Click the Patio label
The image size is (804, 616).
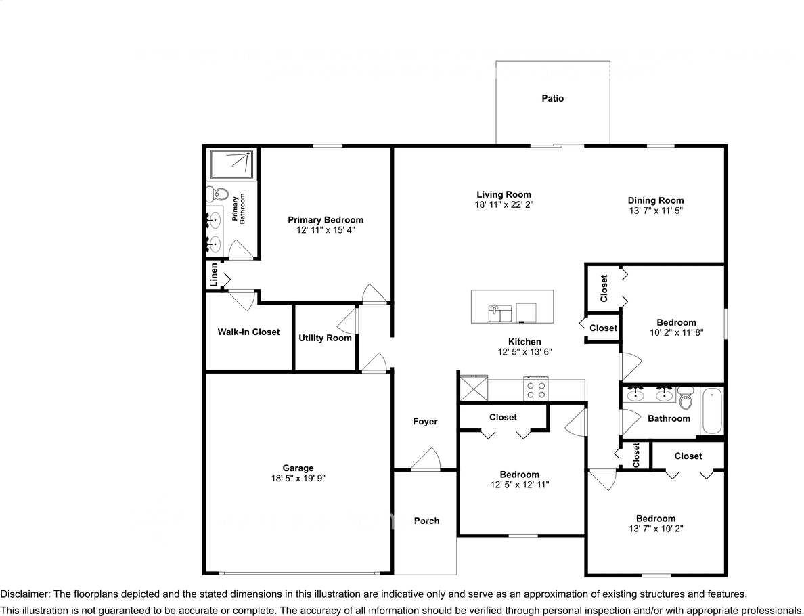[552, 99]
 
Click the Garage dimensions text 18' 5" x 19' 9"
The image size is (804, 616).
[298, 478]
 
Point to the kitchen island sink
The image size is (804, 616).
[500, 313]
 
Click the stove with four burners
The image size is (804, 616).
[536, 390]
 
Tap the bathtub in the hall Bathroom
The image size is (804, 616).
[712, 411]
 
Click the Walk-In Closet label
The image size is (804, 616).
[248, 332]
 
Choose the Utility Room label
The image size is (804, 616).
[325, 338]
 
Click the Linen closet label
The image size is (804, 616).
[213, 277]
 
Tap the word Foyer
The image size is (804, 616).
[425, 422]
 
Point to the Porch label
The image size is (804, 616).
[426, 521]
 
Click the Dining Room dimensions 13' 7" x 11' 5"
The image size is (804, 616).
[655, 211]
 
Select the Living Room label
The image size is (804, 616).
[504, 194]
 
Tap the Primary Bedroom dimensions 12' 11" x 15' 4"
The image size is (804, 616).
[325, 230]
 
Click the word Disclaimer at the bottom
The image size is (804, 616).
[24, 594]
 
